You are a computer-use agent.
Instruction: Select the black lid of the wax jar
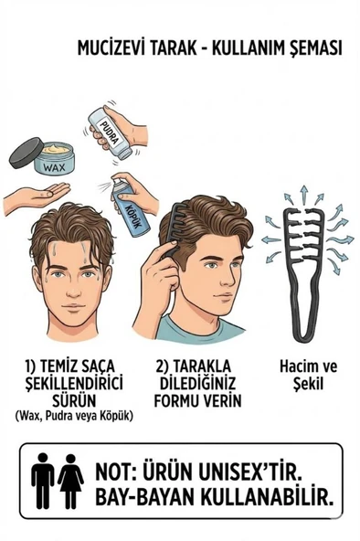(x=26, y=153)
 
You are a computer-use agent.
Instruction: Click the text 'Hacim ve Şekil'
(x=307, y=375)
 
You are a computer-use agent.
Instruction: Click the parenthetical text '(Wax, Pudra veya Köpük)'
(x=74, y=416)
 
